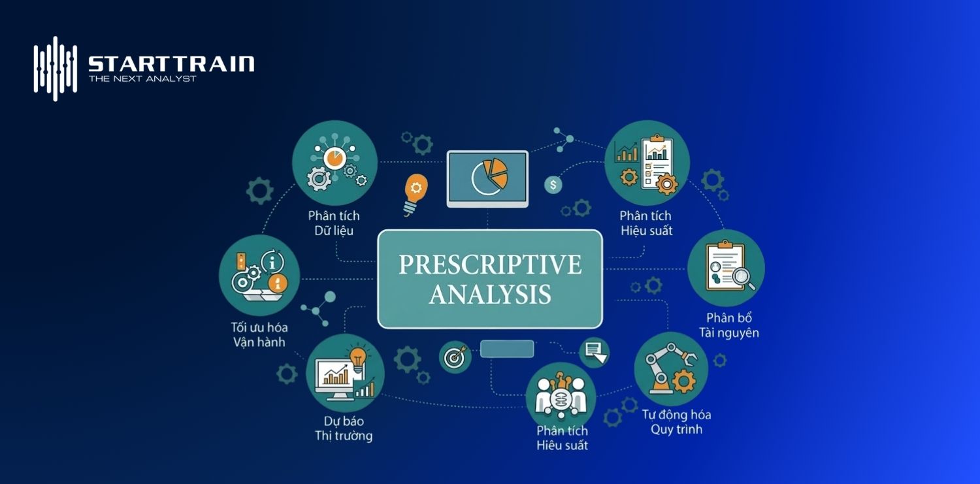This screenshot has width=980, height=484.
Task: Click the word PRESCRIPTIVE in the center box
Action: [x=490, y=265]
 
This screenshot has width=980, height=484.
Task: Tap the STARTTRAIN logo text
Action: [x=171, y=63]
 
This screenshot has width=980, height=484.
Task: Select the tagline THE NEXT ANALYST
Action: [x=142, y=79]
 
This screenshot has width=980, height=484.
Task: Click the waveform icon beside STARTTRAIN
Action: [x=56, y=68]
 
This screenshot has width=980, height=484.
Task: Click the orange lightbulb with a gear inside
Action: [x=415, y=192]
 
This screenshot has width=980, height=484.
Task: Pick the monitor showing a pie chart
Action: [x=487, y=178]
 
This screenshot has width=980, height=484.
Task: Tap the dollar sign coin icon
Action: [x=553, y=185]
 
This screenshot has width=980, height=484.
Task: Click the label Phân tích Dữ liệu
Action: [x=334, y=223]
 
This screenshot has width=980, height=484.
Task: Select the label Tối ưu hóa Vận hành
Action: [x=259, y=334]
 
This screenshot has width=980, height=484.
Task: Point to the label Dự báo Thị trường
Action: [x=344, y=428]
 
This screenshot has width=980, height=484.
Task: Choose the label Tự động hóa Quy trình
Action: [x=676, y=422]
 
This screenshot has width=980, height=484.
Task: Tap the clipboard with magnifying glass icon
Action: [x=726, y=268]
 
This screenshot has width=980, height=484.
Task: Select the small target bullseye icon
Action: [x=455, y=357]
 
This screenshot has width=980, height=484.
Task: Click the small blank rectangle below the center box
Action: [x=507, y=349]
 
